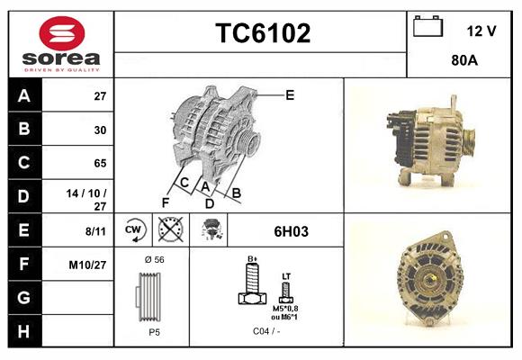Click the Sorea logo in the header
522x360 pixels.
61,44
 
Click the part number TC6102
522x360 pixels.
262,33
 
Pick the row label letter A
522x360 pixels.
24,95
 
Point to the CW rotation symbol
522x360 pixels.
134,230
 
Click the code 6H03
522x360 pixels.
291,231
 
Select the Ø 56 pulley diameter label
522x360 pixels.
153,259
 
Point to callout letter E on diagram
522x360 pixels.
289,94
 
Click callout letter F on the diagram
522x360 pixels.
165,202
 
